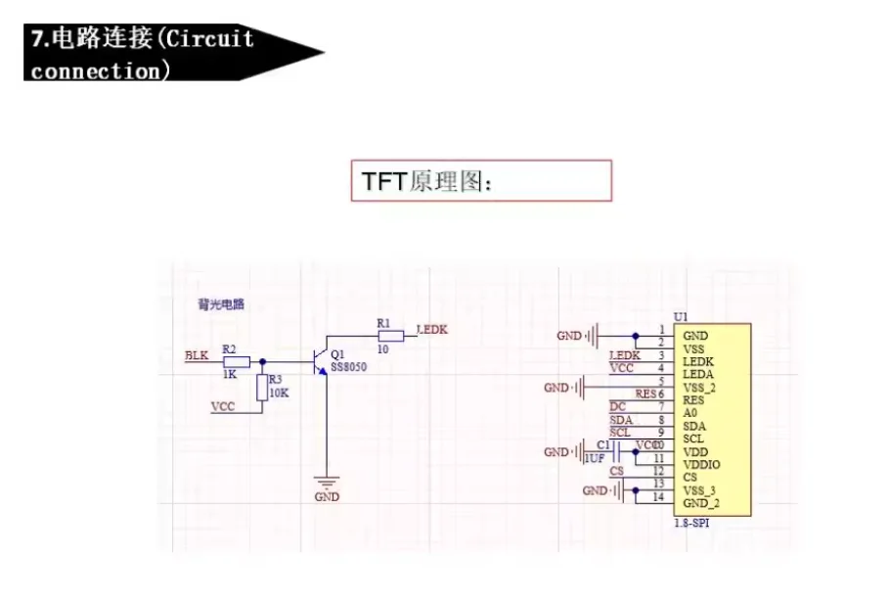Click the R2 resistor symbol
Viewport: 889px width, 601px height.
click(x=230, y=360)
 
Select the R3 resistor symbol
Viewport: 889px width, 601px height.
click(x=261, y=388)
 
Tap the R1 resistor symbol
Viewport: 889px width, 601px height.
click(x=390, y=335)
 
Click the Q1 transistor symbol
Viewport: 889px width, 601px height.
click(x=318, y=360)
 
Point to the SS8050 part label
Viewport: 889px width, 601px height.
click(x=348, y=367)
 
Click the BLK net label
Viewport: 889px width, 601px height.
click(x=197, y=354)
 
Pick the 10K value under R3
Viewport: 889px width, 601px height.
click(x=279, y=393)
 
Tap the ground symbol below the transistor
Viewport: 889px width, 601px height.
click(x=325, y=481)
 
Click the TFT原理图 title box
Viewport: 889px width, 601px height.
click(x=481, y=181)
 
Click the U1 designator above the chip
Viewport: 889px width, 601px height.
click(x=681, y=317)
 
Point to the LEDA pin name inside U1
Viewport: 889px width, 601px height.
click(x=698, y=374)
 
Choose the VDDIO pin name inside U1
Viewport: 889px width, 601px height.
click(x=703, y=464)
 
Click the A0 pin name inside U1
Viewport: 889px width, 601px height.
click(x=691, y=413)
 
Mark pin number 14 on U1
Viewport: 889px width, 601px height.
click(x=660, y=496)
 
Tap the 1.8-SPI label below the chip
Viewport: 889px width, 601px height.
click(x=693, y=526)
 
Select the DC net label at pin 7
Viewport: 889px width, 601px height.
click(x=617, y=406)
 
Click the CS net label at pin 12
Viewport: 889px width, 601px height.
click(x=616, y=471)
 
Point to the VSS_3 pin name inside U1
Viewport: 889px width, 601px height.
click(x=700, y=489)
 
